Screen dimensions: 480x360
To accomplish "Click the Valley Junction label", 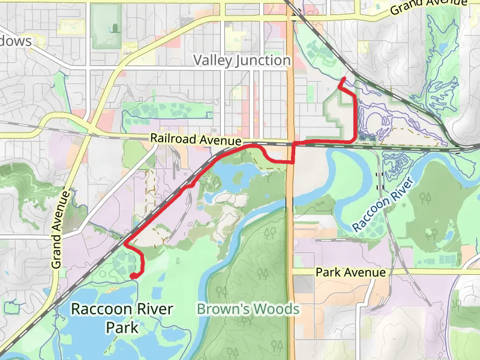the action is point(242,61).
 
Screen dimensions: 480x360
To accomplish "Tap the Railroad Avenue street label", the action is point(196,139).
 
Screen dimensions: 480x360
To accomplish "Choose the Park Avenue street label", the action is point(350,272).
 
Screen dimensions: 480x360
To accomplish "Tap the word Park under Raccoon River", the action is point(122,328).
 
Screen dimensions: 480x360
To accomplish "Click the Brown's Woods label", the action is point(248,309).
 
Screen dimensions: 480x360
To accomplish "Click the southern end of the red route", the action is point(132,275).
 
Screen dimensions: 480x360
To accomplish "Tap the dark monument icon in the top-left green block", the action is point(113,28).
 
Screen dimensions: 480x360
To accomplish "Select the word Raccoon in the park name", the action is point(97,310).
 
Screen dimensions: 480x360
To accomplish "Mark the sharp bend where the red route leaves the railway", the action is point(125,243).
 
